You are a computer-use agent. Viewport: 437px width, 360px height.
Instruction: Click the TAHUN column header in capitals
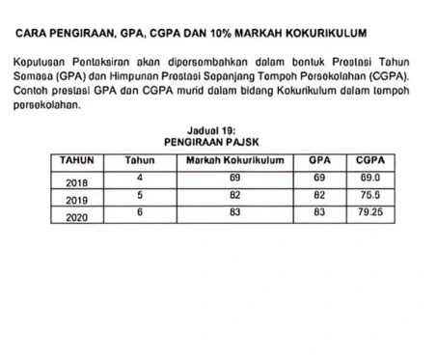click(x=77, y=157)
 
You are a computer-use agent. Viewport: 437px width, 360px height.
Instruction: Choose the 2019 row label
click(x=77, y=200)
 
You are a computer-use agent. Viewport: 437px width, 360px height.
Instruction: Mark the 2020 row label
click(x=77, y=218)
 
